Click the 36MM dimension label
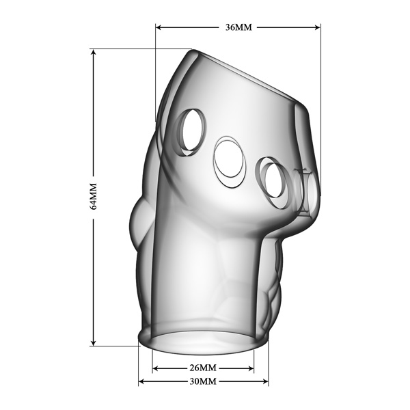(x=238, y=27)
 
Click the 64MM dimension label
(x=94, y=196)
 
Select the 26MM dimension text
(x=203, y=368)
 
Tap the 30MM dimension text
(x=203, y=381)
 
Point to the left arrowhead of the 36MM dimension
(x=159, y=27)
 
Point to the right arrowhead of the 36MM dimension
(x=317, y=27)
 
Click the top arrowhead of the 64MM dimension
(x=94, y=53)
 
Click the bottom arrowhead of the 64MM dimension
(x=94, y=342)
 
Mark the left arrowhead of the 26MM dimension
(x=156, y=368)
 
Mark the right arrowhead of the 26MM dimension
(x=251, y=368)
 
